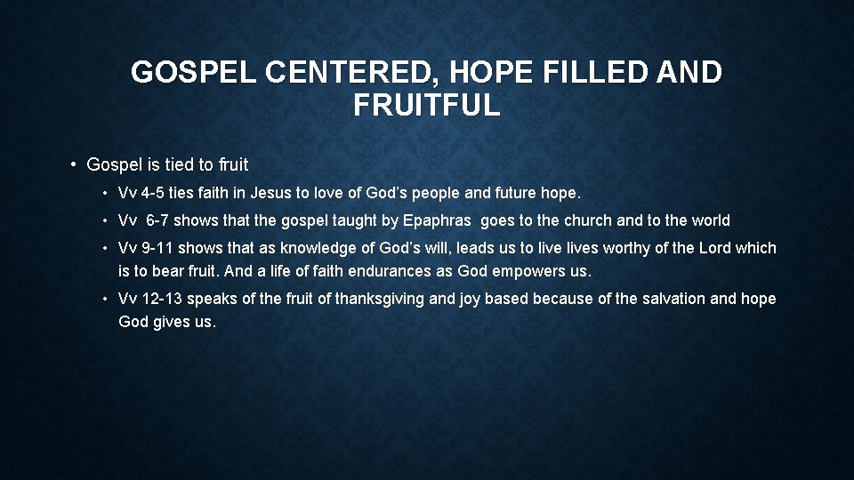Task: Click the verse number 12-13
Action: [166, 300]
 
